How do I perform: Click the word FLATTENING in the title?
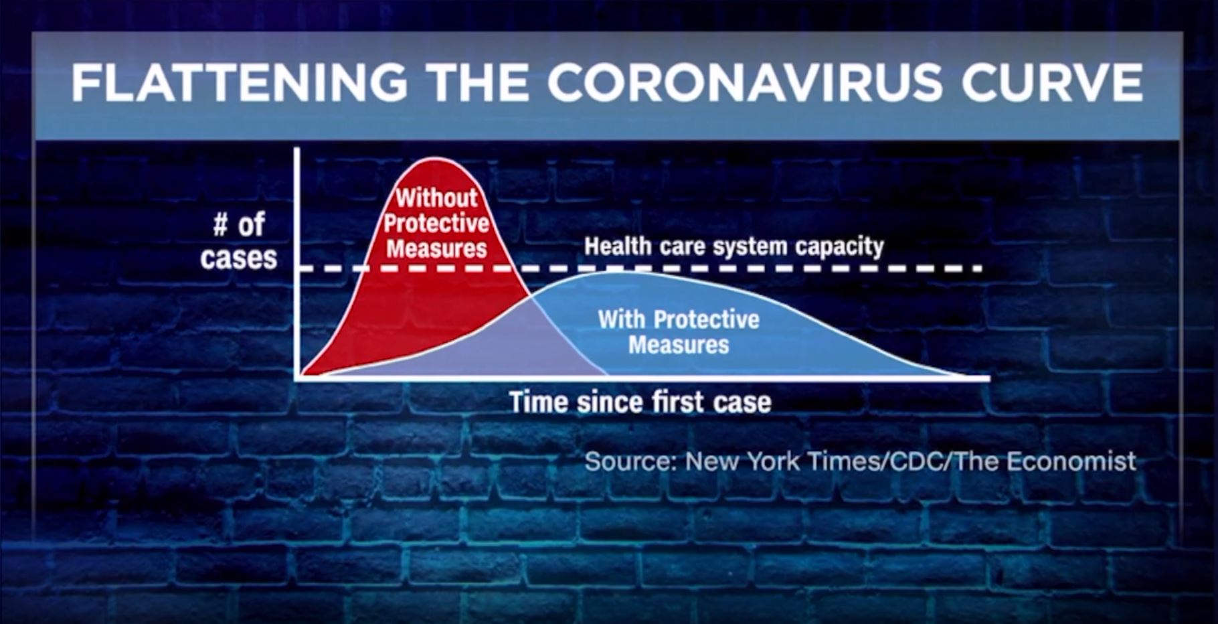[239, 84]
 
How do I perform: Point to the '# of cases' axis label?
[239, 241]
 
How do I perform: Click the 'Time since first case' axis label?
[640, 402]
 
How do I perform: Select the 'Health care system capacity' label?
[734, 247]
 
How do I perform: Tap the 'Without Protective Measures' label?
[436, 223]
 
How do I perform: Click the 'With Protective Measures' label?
[679, 331]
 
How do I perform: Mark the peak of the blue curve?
[612, 272]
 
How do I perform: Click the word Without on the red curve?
[436, 198]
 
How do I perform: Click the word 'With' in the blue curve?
[622, 319]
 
